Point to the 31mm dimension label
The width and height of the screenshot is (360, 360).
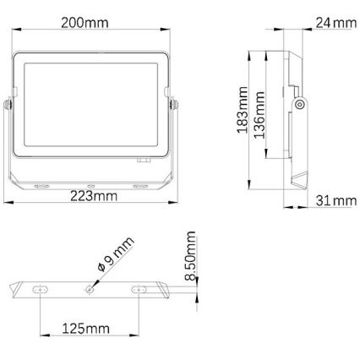coord(331,199)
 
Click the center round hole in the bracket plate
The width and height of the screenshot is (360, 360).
coord(90,288)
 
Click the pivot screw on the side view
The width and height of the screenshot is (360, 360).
coord(300,105)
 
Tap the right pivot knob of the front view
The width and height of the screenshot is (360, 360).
coord(177,106)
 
